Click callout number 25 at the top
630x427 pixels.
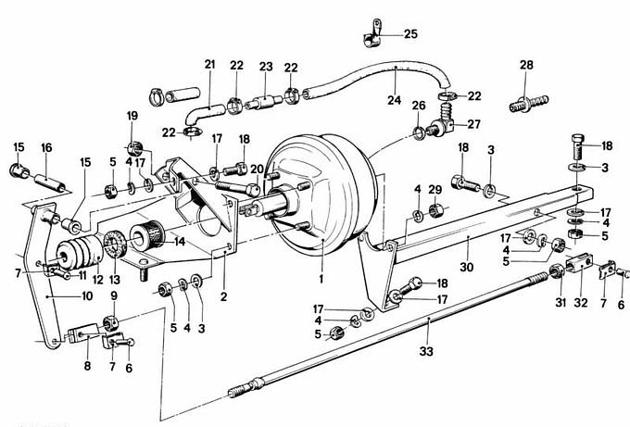tap(410, 34)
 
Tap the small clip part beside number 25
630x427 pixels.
tap(370, 34)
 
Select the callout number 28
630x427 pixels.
tap(526, 65)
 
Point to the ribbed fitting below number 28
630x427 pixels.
tap(526, 103)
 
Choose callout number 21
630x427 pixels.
tap(209, 64)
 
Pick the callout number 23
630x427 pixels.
tap(266, 66)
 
